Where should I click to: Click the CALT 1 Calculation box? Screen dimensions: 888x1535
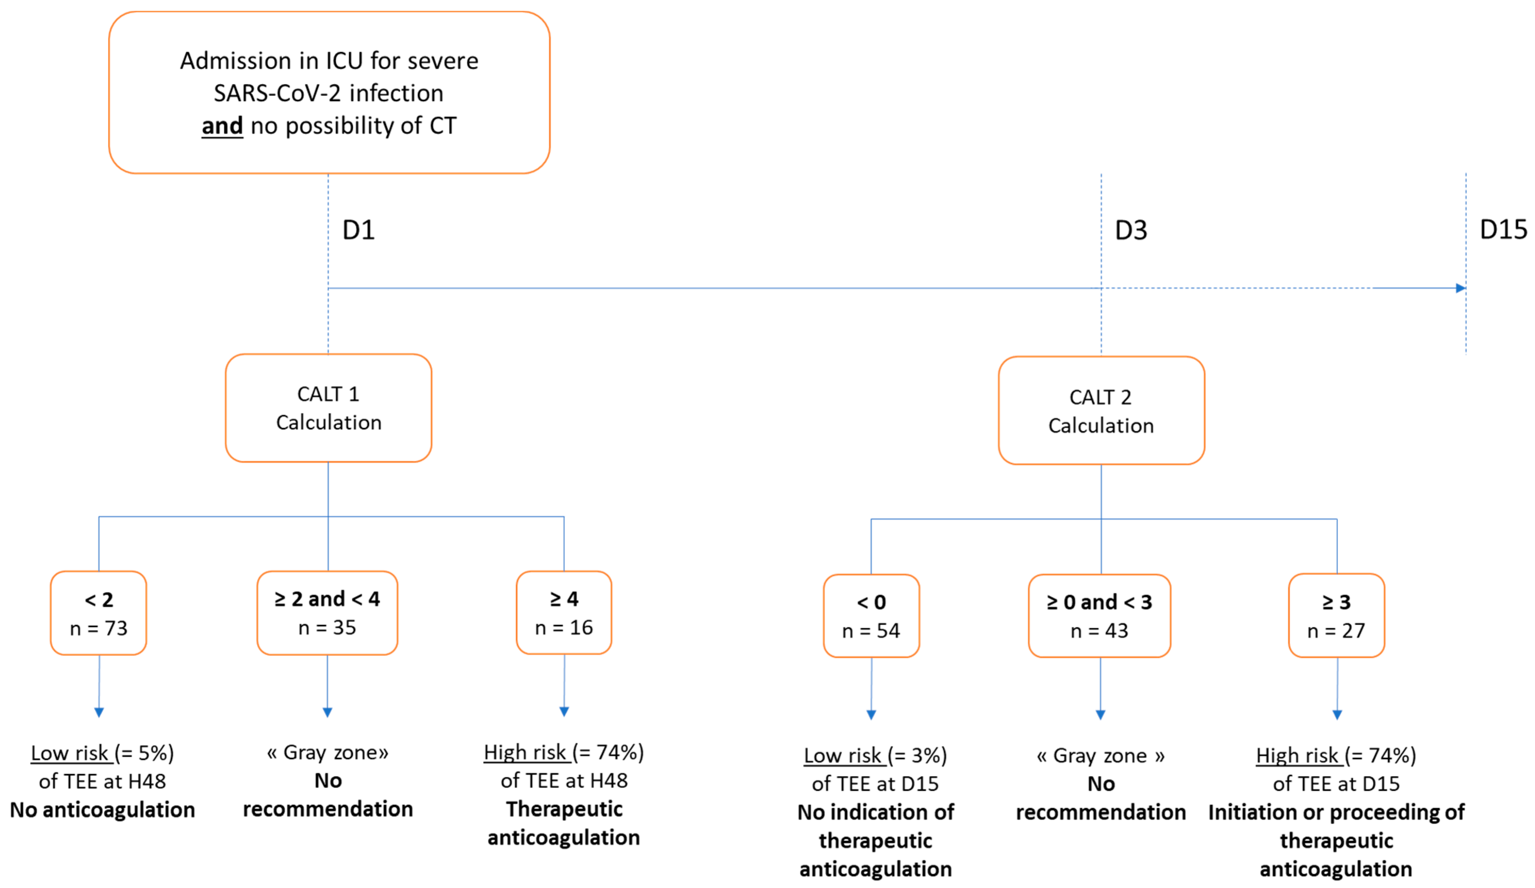(x=328, y=408)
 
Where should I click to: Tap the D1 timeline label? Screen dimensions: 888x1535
(x=358, y=230)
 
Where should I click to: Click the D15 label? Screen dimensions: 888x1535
(x=1503, y=230)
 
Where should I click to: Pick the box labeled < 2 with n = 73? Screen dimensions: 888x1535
(x=99, y=613)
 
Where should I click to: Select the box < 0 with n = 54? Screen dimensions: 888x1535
(x=871, y=616)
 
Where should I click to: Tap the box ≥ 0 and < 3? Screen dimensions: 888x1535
(x=1100, y=616)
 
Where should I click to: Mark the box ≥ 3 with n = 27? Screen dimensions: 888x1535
(x=1337, y=616)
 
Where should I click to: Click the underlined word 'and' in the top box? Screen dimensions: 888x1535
(x=222, y=126)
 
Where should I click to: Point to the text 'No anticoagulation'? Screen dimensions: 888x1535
(x=102, y=810)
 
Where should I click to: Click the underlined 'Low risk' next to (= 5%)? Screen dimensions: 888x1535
(x=69, y=753)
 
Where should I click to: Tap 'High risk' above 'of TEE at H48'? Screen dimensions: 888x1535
(x=525, y=753)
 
